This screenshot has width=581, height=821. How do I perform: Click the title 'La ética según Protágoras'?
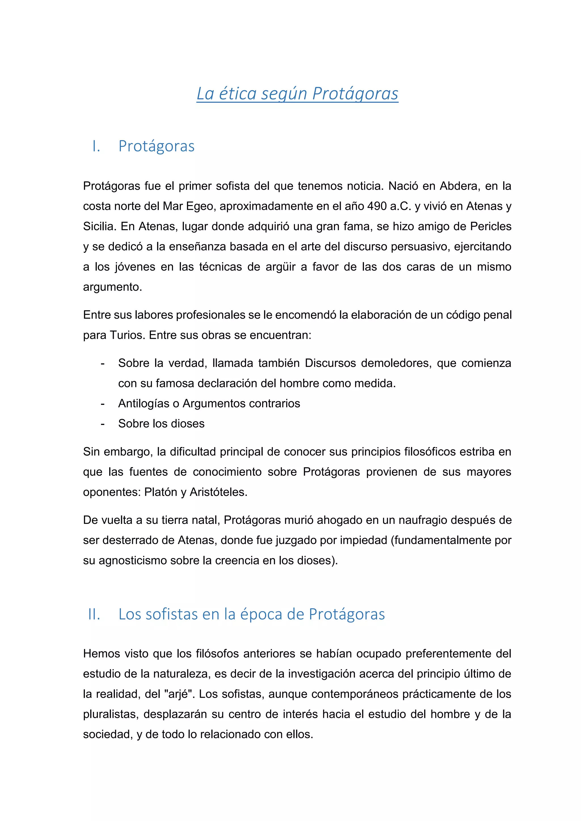(x=297, y=94)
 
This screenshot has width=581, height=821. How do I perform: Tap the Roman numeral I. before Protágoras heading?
(x=96, y=146)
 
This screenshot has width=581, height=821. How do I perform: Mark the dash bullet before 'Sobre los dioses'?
(x=103, y=424)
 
